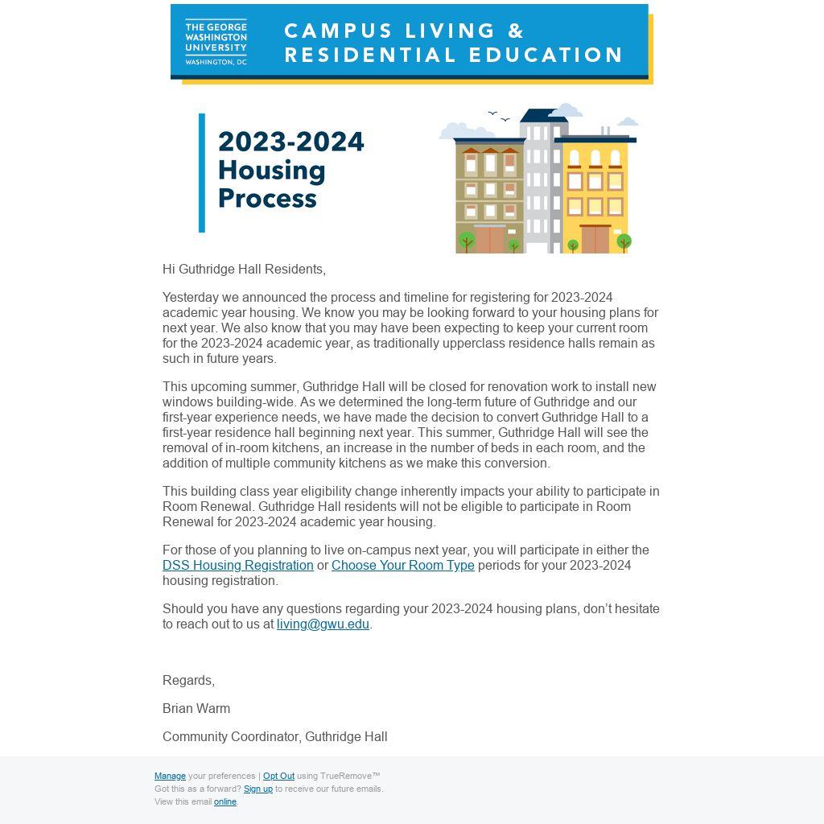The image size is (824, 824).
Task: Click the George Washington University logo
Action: coord(216,42)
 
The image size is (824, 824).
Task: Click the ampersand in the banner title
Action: coord(516,31)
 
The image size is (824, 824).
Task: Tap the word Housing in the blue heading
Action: coord(272,170)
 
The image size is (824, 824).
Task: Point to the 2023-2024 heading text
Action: coord(291,142)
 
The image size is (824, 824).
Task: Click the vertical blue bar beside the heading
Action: coord(202,172)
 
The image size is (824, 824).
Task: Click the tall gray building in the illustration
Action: coord(542,181)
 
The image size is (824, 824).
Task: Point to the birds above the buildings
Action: coord(499,117)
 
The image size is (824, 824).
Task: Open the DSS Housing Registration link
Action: coord(238,565)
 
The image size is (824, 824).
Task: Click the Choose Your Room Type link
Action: coord(403,565)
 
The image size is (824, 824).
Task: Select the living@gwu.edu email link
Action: coord(323,624)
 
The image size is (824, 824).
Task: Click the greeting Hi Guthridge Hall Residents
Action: coord(244,269)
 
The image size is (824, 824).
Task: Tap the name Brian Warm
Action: coord(196,708)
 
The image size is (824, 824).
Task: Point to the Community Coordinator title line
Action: coord(275,736)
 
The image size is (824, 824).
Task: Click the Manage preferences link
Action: coord(170,776)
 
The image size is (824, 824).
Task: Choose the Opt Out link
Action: coord(278,776)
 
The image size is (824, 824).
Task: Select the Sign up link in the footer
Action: coord(258,789)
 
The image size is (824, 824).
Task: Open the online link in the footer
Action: coord(225,801)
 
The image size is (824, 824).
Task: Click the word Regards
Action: coord(188,680)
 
